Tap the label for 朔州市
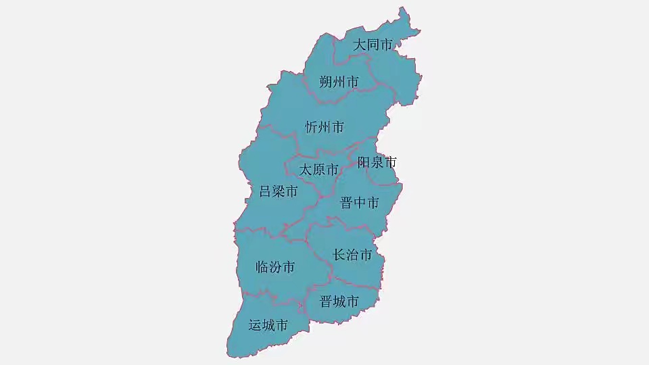pos(339,82)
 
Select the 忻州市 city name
pos(324,127)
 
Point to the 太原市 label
pos(318,170)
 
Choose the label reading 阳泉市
pos(377,162)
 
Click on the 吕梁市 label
pos(279,192)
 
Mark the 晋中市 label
pos(359,203)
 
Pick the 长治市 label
pos(352,255)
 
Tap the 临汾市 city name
pos(275,268)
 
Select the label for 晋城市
pos(339,301)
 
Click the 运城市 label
pos(268,326)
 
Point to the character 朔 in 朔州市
pos(326,82)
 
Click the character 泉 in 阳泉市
pos(377,162)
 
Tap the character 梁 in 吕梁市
pos(279,192)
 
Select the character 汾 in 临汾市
pos(275,268)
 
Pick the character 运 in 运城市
pos(255,326)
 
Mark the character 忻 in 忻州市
pos(312,127)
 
